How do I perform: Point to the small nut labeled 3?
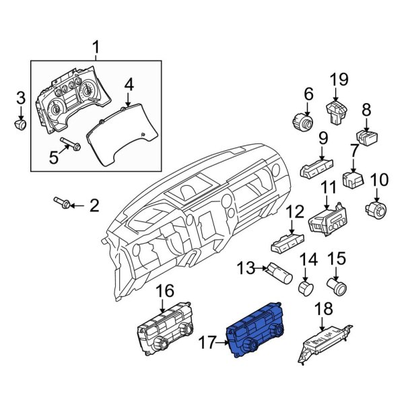(21, 125)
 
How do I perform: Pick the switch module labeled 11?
(327, 220)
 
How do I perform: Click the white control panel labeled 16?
(166, 333)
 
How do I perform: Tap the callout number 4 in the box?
(129, 83)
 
